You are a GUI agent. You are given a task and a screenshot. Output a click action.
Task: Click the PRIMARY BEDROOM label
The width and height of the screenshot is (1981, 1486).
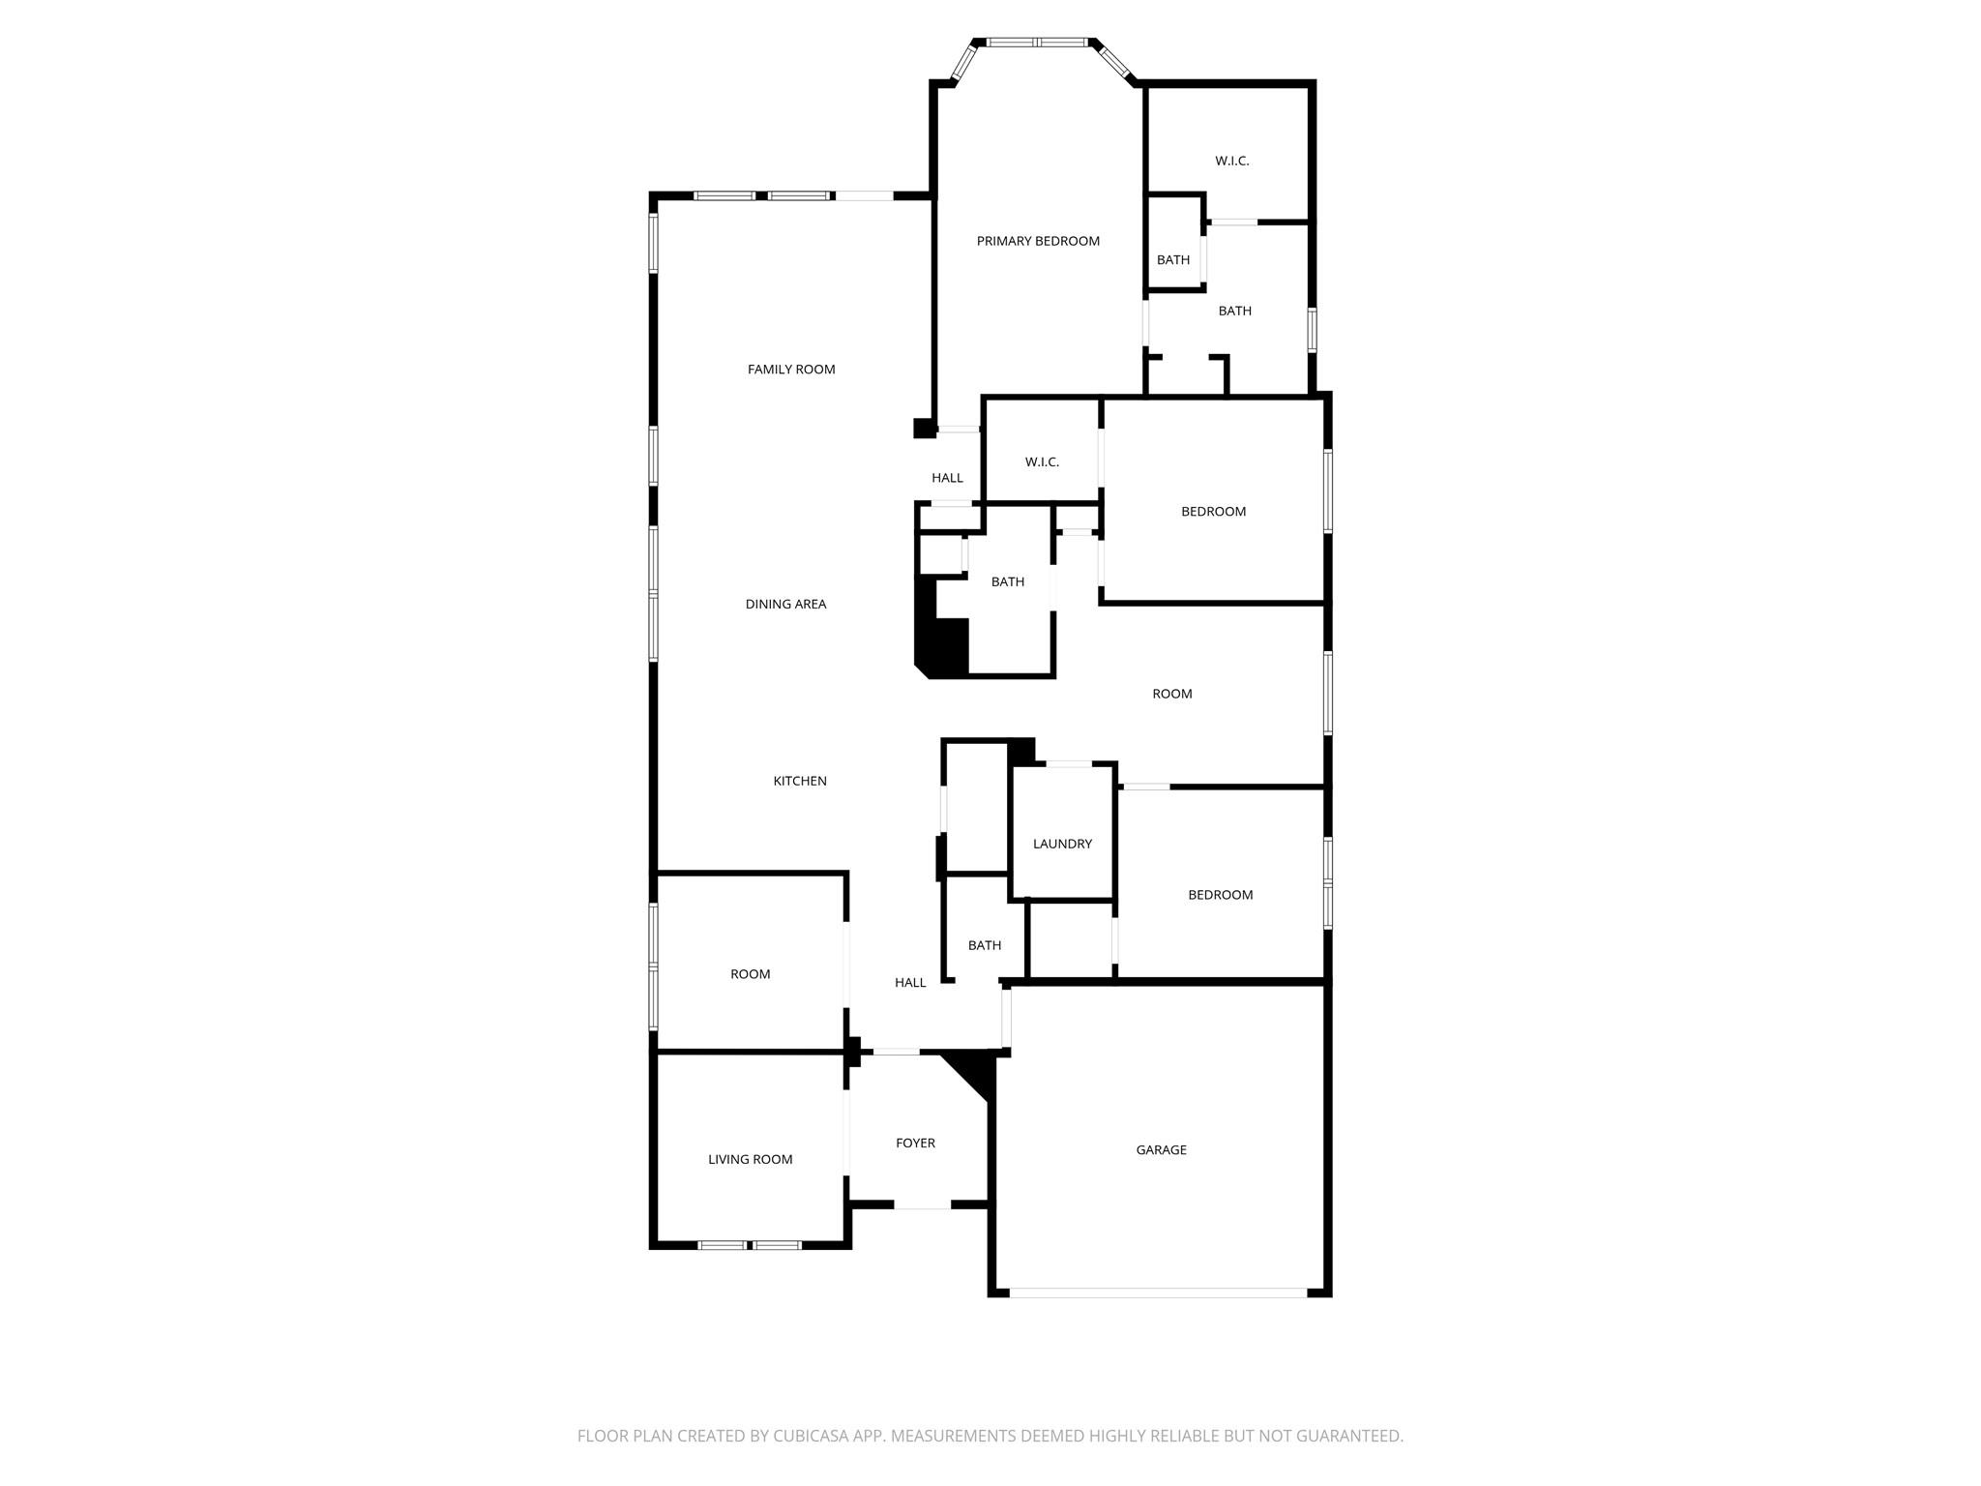[x=1038, y=241]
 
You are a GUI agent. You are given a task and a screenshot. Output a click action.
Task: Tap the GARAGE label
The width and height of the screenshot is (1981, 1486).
[x=1161, y=1149]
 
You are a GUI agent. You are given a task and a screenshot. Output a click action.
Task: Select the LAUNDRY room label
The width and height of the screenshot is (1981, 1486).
[x=1062, y=844]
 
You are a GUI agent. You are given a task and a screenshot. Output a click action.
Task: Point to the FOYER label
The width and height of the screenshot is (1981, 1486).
[x=915, y=1143]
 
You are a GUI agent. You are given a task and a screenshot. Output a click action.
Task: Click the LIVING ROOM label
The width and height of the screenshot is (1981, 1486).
[x=750, y=1159]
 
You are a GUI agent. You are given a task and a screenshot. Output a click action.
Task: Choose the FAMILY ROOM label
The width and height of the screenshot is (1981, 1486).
[x=791, y=369]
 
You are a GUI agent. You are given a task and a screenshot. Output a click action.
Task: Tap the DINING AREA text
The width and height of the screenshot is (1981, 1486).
[x=785, y=604]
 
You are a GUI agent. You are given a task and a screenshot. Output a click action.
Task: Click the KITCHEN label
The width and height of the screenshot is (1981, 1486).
[x=800, y=781]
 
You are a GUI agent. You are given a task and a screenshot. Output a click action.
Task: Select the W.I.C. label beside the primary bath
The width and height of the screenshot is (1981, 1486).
[x=1231, y=161]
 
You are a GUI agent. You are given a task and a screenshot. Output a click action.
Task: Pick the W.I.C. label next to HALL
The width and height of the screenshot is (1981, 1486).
[x=1042, y=462]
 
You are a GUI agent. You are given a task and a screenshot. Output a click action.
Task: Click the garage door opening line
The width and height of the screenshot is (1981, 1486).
[x=1158, y=1292]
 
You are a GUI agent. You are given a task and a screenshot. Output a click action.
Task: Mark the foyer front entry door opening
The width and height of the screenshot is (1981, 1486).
[x=922, y=1205]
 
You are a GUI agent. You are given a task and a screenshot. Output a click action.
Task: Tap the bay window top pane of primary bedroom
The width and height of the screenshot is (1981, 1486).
[x=1036, y=43]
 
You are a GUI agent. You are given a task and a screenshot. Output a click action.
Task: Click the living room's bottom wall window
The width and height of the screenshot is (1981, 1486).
[x=750, y=1245]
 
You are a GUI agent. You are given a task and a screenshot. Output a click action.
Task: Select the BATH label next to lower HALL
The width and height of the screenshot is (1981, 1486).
[x=985, y=945]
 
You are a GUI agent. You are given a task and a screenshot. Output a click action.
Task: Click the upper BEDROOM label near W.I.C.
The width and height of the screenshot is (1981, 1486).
[x=1213, y=511]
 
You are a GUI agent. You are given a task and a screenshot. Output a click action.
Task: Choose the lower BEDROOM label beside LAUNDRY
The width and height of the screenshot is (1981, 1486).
[x=1220, y=895]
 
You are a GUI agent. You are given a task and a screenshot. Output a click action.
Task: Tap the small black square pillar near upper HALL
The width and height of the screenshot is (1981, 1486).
[x=924, y=428]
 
